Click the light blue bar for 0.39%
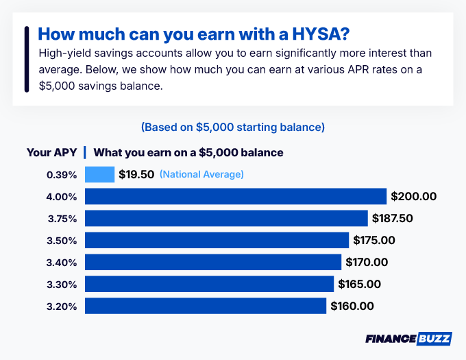pos(99,174)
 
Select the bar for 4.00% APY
pos(236,196)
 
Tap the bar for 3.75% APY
pos(226,218)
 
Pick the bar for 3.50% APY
pos(217,240)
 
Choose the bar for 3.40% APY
pos(213,262)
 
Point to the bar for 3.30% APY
pos(209,284)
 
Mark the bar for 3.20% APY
pos(206,306)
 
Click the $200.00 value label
pos(413,197)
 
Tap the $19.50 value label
pos(136,174)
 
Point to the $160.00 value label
pos(352,307)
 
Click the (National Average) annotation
pos(201,174)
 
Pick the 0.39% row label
pos(62,175)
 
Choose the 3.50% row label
pos(62,241)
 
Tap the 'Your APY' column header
pos(51,152)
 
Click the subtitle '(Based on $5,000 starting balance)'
pos(232,128)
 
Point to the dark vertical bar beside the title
pos(26,59)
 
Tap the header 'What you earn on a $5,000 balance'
pos(188,152)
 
